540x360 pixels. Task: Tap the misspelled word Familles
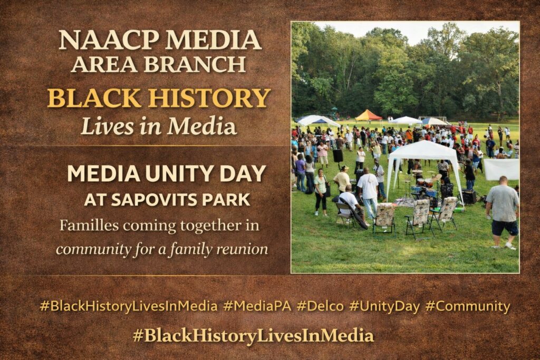89,226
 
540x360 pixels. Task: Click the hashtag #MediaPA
257,306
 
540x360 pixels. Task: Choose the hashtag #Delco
320,306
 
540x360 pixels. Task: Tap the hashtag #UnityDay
384,306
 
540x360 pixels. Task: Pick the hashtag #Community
468,306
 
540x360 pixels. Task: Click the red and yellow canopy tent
368,115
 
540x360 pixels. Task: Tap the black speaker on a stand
338,156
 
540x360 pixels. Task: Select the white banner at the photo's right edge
501,169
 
